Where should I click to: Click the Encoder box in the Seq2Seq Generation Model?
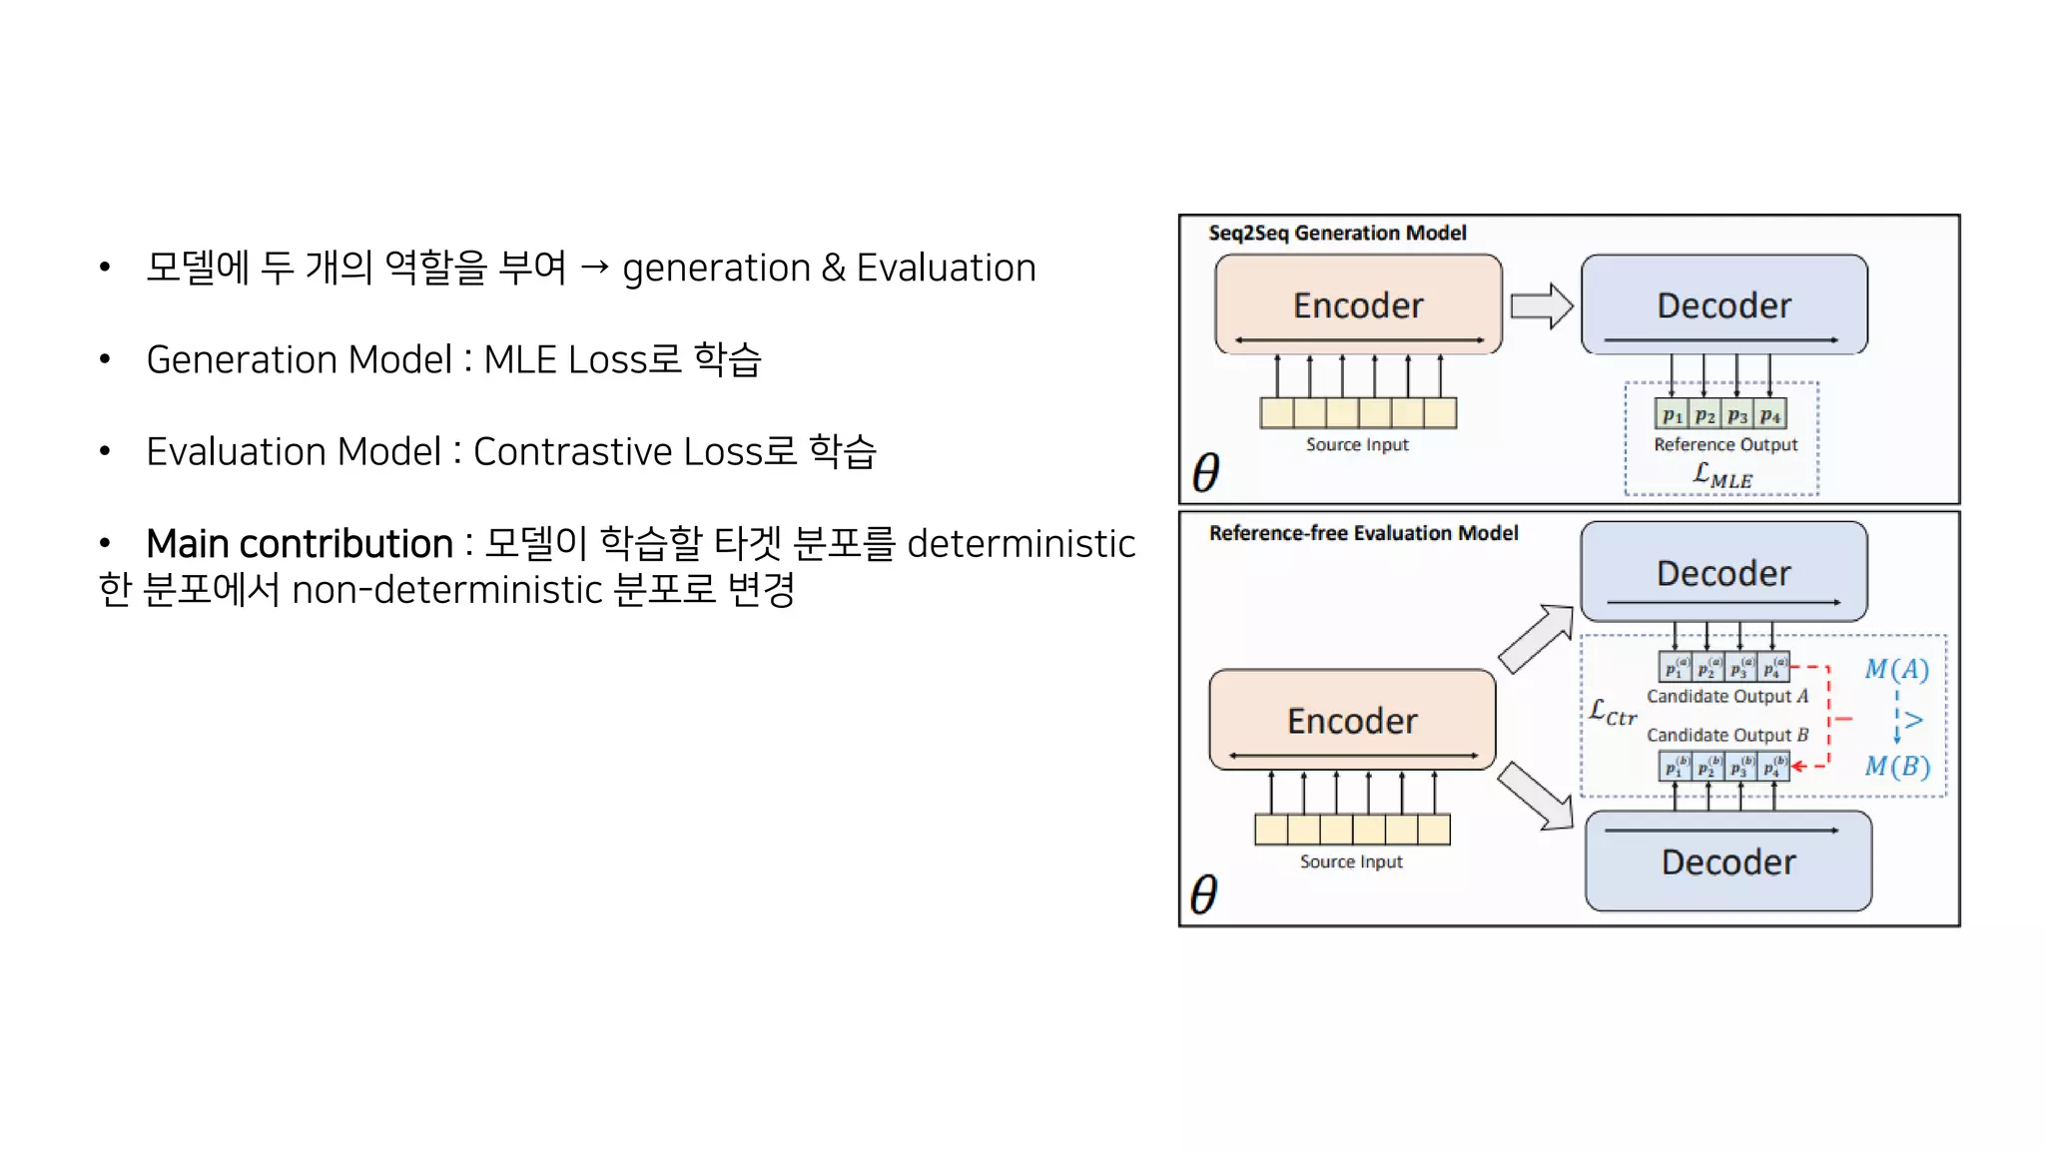coord(1358,303)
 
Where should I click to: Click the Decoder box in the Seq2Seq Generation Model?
coord(1724,303)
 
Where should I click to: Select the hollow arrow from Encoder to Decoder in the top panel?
coord(1541,305)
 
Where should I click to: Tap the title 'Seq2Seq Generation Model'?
coord(1337,234)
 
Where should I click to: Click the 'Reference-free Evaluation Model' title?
coord(1363,533)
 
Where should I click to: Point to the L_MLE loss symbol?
coord(1722,475)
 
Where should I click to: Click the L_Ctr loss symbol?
coord(1613,713)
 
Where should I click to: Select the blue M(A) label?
coord(1896,669)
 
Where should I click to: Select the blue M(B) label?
coord(1897,766)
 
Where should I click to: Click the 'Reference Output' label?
coord(1725,444)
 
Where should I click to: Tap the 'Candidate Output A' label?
coord(1727,696)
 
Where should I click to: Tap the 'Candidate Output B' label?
coord(1727,735)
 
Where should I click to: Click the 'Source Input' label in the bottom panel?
coord(1351,862)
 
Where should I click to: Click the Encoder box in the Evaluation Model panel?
coord(1352,720)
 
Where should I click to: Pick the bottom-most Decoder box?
coord(1728,862)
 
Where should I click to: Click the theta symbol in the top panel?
coord(1206,472)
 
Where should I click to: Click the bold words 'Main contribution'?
coord(300,544)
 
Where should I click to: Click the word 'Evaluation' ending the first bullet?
coord(946,269)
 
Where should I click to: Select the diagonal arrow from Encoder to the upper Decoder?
coord(1537,639)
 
